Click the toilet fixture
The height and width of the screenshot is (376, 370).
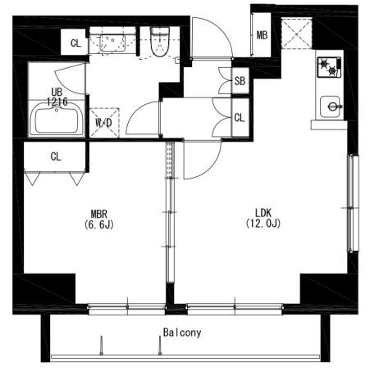(160, 42)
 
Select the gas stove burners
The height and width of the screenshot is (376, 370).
(329, 67)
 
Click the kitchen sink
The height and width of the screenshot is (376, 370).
(331, 106)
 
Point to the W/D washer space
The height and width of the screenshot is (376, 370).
(104, 123)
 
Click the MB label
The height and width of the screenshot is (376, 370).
(262, 35)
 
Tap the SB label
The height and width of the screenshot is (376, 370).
(240, 81)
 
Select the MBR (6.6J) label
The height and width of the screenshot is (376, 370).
(99, 219)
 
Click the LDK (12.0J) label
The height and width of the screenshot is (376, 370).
(263, 218)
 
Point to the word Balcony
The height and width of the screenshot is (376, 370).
(182, 333)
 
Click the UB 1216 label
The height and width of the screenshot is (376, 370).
(57, 97)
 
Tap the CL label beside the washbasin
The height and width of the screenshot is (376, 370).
(75, 43)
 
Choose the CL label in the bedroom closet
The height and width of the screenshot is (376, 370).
(56, 156)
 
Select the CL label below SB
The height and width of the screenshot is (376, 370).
(240, 118)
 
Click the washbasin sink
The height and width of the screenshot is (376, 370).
(112, 43)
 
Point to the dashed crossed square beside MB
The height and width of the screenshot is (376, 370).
(296, 33)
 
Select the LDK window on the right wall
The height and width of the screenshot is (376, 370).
(353, 203)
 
